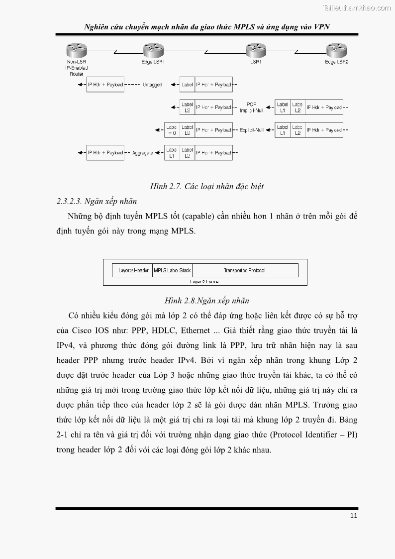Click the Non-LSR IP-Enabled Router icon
pos(73,50)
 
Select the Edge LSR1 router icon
pos(153,50)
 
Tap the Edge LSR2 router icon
pos(336,50)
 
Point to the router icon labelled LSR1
pos(256,50)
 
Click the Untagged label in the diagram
pos(152,85)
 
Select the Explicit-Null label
pos(252,130)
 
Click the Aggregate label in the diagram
pos(143,153)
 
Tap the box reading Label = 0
pos(172,130)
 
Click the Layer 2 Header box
pos(133,271)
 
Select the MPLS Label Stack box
pos(172,271)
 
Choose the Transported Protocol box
pos(245,271)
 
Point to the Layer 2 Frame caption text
pos(204,282)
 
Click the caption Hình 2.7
pos(206,187)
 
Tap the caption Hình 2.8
pos(206,301)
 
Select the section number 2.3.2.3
pos(69,202)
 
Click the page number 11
pos(353,516)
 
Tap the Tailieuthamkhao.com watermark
pos(357,7)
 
